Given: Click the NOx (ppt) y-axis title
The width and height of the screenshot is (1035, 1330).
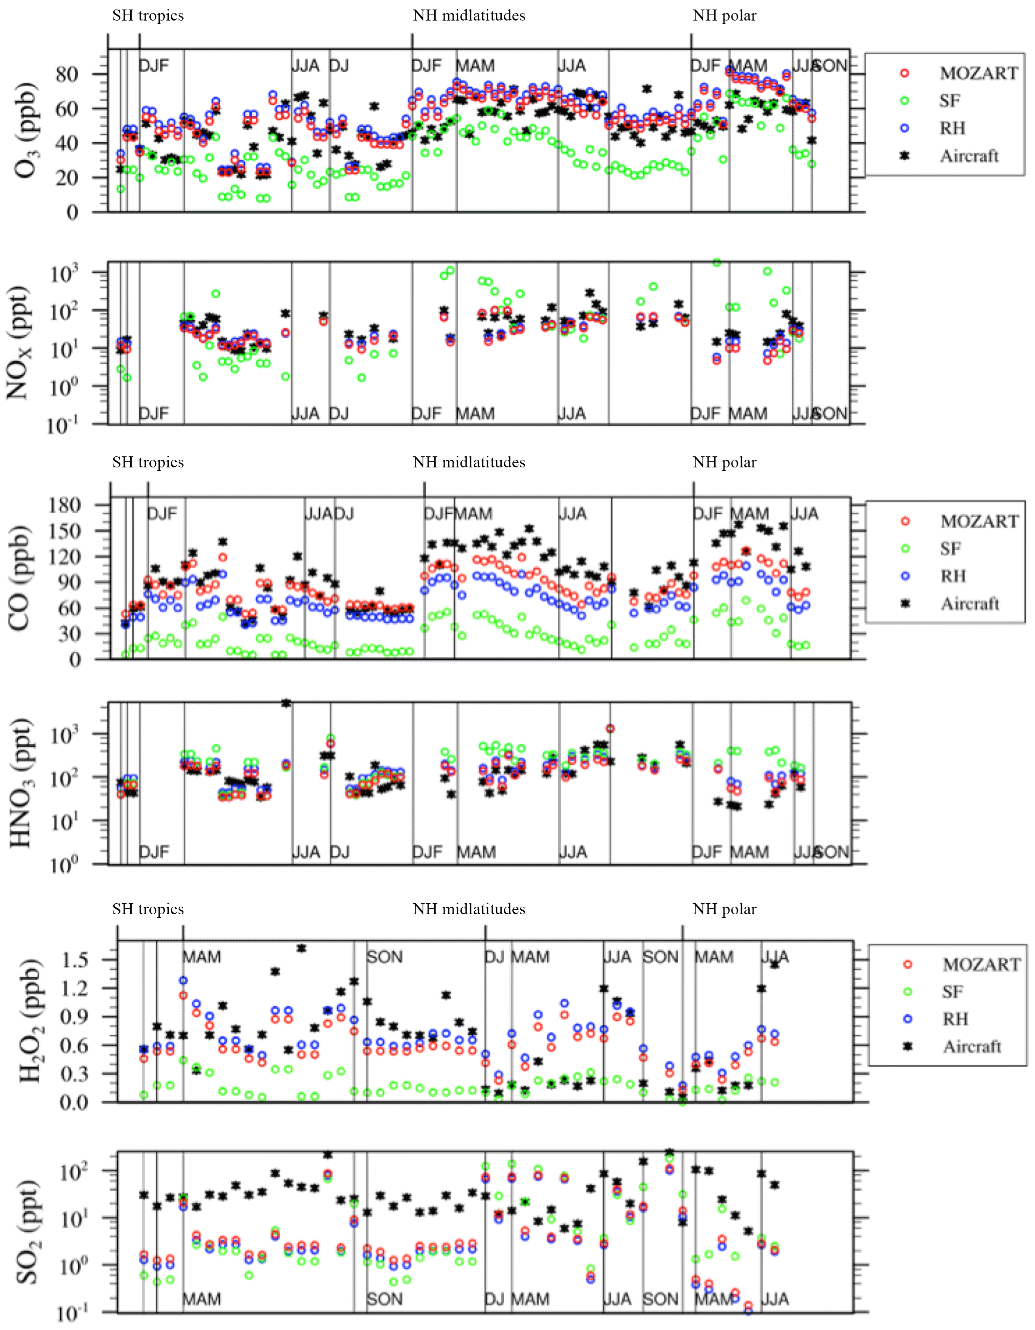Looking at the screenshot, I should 18,342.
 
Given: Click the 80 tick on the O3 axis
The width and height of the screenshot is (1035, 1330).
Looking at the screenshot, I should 68,74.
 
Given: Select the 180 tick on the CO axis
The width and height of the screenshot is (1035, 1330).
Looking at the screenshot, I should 66,505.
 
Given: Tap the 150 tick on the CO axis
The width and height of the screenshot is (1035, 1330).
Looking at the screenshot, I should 66,530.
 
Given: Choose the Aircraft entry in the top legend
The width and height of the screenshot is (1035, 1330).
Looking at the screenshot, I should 969,156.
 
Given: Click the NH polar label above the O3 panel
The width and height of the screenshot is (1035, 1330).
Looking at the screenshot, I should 725,16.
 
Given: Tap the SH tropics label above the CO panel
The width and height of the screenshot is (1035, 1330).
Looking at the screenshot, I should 148,462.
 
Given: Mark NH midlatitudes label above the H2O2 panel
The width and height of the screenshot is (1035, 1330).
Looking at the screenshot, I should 469,909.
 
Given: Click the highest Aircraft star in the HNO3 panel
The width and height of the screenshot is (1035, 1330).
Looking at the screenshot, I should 285,703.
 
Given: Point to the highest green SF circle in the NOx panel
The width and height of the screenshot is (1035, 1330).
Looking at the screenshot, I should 717,262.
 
